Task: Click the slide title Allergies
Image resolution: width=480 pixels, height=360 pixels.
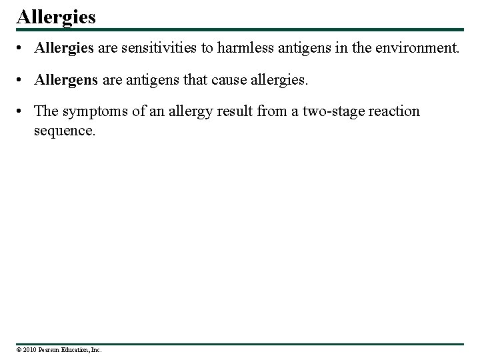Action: pyautogui.click(x=56, y=15)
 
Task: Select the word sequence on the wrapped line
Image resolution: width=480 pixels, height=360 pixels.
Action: pyautogui.click(x=65, y=130)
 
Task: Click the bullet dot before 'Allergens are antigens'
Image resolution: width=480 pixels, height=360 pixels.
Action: pyautogui.click(x=23, y=81)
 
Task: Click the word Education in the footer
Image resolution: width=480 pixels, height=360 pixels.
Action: pyautogui.click(x=77, y=349)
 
